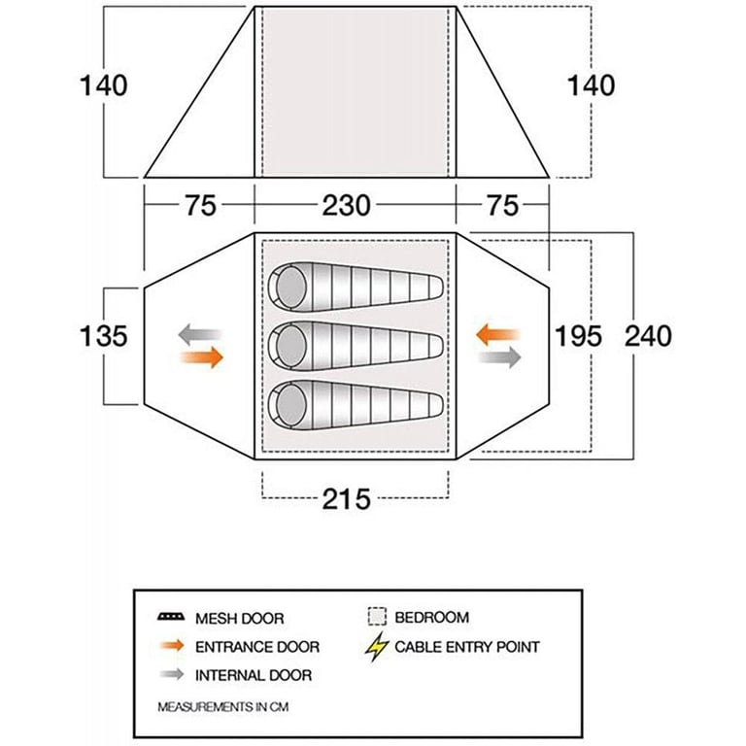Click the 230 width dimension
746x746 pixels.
346,206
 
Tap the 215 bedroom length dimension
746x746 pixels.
346,499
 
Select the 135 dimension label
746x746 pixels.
103,335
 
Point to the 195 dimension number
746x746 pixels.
579,335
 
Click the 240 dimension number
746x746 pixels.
648,335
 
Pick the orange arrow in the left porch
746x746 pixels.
202,357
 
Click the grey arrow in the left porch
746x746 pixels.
200,334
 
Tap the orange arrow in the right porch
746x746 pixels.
498,334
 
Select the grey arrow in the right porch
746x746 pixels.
499,357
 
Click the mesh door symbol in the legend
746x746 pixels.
171,617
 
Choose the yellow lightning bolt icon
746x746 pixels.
377,647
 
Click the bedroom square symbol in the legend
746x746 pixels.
377,617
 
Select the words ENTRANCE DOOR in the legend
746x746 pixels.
257,647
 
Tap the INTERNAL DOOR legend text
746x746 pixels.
254,675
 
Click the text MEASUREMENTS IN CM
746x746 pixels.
223,707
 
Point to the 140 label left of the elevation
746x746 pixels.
103,85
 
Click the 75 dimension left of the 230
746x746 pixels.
200,206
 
